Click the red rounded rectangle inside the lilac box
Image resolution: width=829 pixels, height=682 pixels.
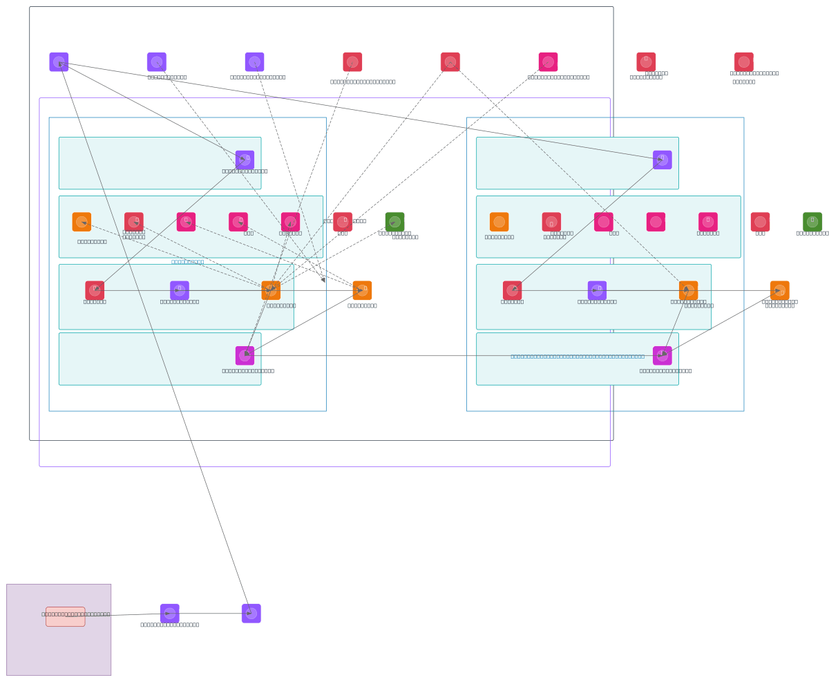(66, 616)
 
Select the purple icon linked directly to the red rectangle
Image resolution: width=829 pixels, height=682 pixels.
(170, 614)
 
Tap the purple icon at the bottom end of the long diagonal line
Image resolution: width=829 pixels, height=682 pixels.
(251, 614)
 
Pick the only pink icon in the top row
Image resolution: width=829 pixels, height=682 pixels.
(549, 62)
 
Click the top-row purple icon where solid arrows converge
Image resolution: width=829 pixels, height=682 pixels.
(59, 62)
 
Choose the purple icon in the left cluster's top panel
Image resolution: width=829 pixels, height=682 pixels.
(245, 160)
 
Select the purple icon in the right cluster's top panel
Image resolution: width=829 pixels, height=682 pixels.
(663, 160)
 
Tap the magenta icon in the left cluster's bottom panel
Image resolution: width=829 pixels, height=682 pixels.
(245, 356)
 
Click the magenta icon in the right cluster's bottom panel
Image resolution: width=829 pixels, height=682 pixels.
(663, 356)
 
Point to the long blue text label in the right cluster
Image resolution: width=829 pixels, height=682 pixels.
(578, 357)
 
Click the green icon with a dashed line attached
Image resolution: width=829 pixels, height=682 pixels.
(395, 222)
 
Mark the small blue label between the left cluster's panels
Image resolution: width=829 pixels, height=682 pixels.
(188, 262)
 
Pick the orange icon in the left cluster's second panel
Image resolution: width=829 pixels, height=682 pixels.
(82, 222)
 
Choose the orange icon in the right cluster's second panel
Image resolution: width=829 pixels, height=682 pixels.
(499, 222)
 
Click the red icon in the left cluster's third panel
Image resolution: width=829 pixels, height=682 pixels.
(95, 290)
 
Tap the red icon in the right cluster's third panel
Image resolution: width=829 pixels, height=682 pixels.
(513, 290)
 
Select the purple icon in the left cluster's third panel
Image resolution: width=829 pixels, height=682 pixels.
(180, 290)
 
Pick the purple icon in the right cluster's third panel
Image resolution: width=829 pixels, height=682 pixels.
(598, 290)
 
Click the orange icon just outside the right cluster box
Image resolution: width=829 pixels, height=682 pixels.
(780, 290)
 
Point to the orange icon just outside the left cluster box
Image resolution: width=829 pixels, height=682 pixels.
(362, 290)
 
